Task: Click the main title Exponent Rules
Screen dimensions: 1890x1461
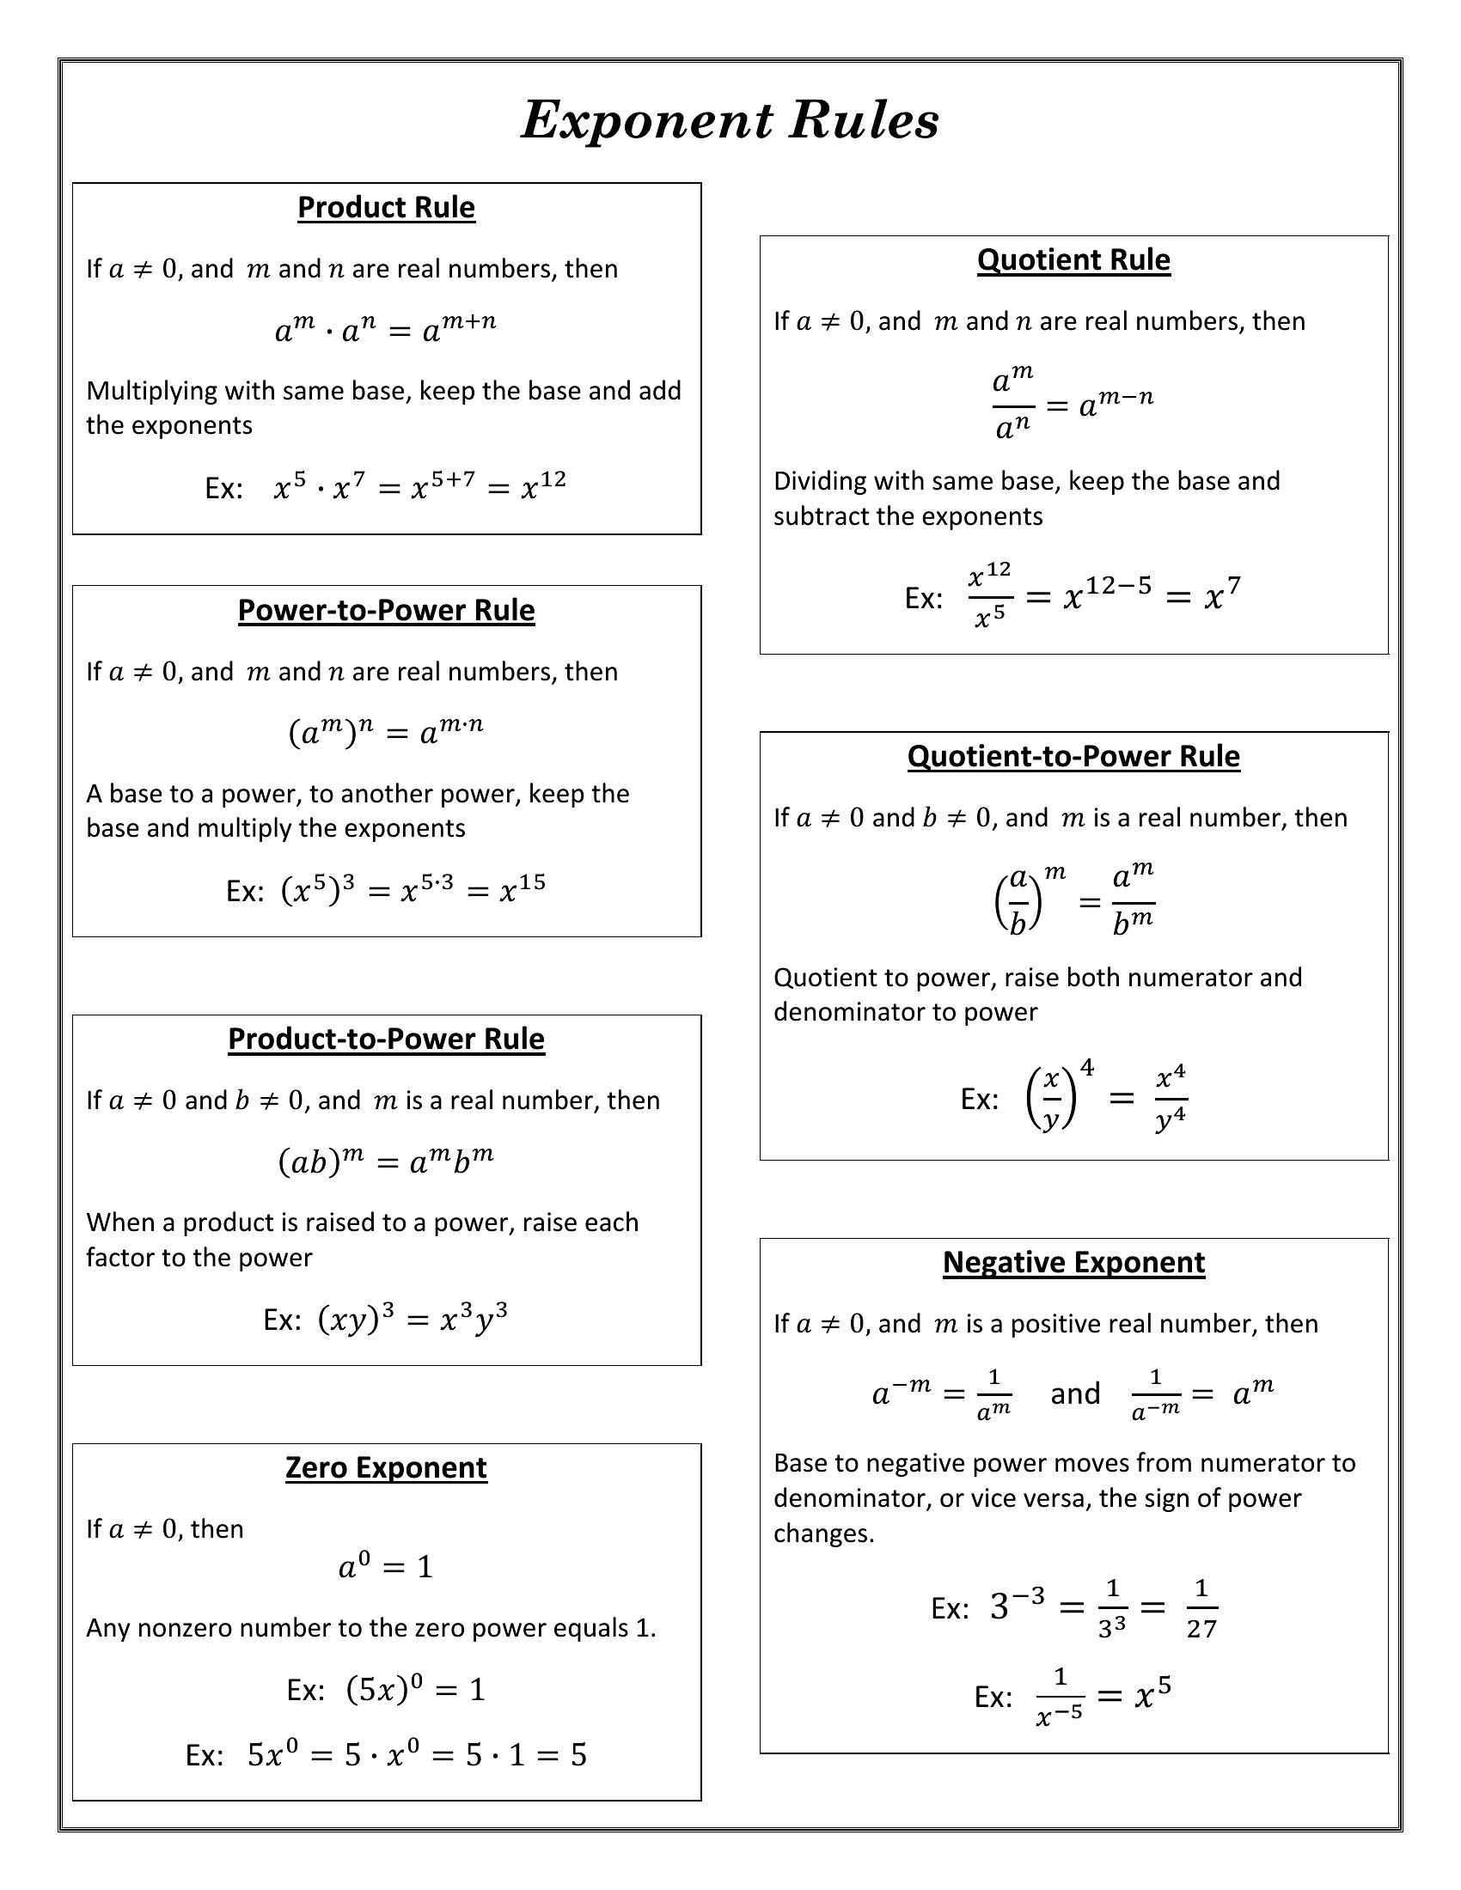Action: click(730, 120)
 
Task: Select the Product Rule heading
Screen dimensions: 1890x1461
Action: click(386, 208)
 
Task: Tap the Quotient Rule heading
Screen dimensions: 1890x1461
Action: click(1073, 259)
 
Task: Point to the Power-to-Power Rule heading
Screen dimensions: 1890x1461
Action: click(386, 610)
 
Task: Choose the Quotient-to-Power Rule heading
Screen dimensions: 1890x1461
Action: click(1073, 756)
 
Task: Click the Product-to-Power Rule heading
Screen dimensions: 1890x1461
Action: click(386, 1039)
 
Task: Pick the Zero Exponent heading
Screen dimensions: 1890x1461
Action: click(386, 1467)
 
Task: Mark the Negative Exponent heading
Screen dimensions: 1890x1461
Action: click(1073, 1262)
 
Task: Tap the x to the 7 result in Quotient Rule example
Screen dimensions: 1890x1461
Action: click(1221, 594)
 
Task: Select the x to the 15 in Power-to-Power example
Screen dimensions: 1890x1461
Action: click(522, 888)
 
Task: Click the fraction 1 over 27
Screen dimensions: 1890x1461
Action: click(1201, 1609)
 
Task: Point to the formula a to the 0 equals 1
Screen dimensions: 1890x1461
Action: click(385, 1566)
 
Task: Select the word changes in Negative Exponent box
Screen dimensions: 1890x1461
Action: click(823, 1533)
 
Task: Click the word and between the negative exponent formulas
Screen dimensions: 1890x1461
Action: click(1075, 1393)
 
